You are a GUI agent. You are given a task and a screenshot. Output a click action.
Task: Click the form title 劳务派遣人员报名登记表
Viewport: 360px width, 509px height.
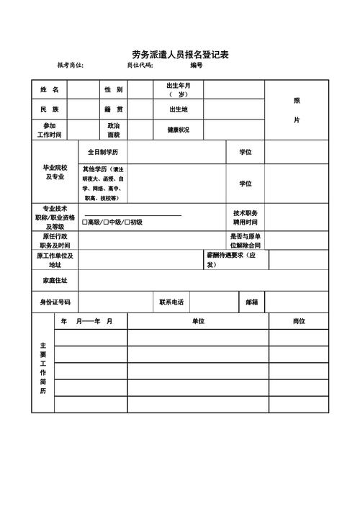tap(180, 54)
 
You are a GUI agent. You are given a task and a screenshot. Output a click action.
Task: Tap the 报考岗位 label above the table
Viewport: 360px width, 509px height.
tap(71, 66)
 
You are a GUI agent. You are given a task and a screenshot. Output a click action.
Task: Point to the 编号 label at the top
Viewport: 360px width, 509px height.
tap(197, 66)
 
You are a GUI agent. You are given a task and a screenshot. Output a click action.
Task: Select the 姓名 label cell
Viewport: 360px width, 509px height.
tap(50, 90)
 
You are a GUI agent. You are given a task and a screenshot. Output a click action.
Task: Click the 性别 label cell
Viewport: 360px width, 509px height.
tap(113, 90)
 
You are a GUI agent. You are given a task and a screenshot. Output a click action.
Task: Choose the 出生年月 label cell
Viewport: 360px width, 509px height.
tap(178, 90)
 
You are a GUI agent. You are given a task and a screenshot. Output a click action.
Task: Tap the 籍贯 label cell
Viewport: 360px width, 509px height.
tap(113, 109)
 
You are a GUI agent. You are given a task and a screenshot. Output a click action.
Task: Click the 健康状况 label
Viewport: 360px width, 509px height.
tap(178, 130)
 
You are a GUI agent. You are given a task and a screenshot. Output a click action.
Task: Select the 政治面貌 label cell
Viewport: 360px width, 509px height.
tap(113, 130)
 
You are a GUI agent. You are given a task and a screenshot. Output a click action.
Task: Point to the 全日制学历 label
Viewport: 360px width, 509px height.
tap(102, 153)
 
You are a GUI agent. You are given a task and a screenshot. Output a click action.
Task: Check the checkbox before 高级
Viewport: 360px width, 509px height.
tap(84, 222)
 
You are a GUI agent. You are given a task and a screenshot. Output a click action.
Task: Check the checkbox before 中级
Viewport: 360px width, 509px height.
tap(105, 222)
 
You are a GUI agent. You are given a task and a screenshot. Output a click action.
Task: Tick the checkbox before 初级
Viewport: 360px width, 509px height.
tap(127, 222)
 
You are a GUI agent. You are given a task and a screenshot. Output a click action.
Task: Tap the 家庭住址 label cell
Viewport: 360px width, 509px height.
tap(55, 280)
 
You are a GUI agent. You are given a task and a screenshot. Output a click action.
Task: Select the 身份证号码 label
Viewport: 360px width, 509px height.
tap(55, 302)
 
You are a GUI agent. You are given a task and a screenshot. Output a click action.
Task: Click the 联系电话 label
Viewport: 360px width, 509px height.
tap(171, 302)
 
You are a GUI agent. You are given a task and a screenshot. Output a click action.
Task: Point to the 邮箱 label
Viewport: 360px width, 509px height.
tap(252, 302)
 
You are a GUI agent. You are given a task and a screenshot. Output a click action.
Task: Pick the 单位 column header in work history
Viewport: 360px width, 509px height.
tap(198, 321)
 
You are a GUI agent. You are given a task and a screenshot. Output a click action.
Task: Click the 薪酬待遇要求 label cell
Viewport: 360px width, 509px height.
tap(236, 260)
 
